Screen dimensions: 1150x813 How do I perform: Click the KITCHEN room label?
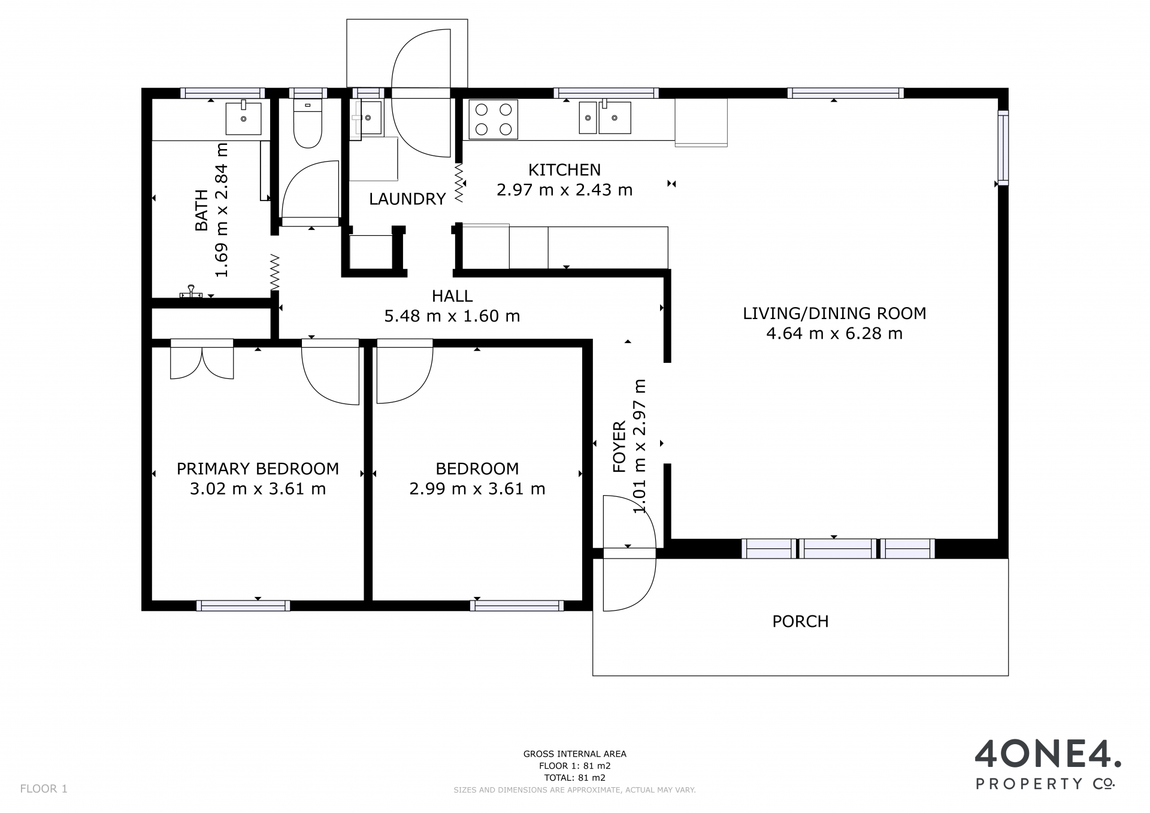tap(564, 170)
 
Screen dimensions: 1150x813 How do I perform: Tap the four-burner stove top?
tap(493, 119)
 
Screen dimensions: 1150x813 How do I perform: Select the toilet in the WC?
tap(308, 123)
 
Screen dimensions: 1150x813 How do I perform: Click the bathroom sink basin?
tap(244, 118)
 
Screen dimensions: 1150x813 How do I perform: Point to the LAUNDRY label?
tap(407, 199)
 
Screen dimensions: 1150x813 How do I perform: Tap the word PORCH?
tap(800, 621)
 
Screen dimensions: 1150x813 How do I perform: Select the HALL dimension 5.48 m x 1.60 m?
tap(452, 316)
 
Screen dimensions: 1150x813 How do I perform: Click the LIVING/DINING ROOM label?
tap(834, 313)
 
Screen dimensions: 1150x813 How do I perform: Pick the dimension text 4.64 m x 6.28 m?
tap(834, 333)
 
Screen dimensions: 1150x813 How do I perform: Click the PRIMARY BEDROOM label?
tap(258, 469)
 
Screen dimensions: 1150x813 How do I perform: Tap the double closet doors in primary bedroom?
tap(202, 359)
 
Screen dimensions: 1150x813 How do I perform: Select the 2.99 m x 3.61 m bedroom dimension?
tap(477, 489)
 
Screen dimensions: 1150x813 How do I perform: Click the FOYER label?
tap(619, 447)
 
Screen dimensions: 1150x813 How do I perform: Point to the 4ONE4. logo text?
tap(1048, 755)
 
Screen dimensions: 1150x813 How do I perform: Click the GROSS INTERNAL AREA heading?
tap(575, 754)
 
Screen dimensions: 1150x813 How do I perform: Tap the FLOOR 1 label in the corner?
tap(44, 789)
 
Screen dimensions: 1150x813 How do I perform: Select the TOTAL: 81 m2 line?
tap(575, 778)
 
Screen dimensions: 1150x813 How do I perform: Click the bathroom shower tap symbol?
tap(192, 292)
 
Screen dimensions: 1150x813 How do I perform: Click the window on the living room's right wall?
tap(1003, 147)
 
